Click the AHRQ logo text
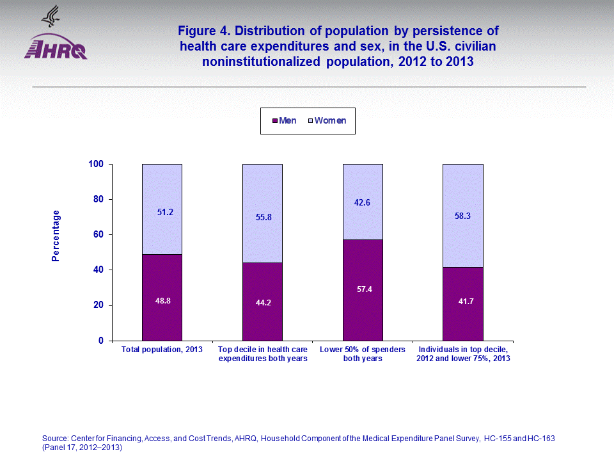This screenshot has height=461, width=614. [x=56, y=48]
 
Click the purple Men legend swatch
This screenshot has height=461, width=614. [x=274, y=120]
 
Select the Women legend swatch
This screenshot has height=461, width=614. [x=310, y=120]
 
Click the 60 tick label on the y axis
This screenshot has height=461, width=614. [x=98, y=235]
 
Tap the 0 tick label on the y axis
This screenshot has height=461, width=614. [x=100, y=341]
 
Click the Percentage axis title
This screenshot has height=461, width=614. [x=56, y=236]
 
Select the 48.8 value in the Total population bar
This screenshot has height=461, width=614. [x=162, y=300]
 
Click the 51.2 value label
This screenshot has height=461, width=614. [x=165, y=212]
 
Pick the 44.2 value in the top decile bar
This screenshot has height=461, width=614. [x=263, y=303]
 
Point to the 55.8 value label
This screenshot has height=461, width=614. [x=263, y=217]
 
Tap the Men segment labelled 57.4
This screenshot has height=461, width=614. [x=363, y=289]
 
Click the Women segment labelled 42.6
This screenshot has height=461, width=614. [x=363, y=202]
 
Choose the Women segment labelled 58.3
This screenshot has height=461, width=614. [x=463, y=216]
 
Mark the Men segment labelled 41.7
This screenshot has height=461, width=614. [x=463, y=303]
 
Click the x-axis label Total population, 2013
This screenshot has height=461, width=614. [x=162, y=350]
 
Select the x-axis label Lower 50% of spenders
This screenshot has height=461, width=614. [x=362, y=350]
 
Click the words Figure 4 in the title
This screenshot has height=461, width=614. [x=204, y=31]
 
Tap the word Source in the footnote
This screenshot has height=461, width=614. [x=55, y=438]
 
